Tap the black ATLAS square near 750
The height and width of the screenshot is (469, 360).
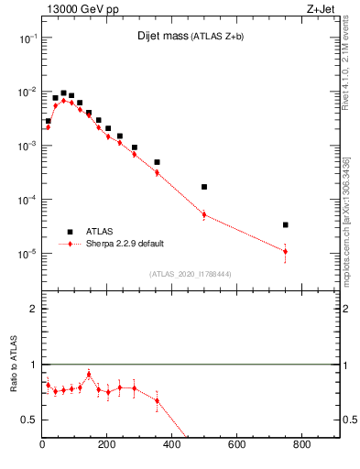click(x=286, y=224)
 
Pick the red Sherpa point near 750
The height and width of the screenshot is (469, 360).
click(x=286, y=251)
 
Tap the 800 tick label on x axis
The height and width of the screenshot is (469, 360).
click(x=300, y=446)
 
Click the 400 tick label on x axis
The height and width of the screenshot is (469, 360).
click(x=171, y=446)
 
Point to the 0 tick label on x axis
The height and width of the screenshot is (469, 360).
click(x=42, y=446)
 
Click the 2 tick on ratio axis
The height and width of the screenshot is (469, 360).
click(x=34, y=309)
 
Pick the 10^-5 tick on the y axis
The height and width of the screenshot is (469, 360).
click(x=28, y=254)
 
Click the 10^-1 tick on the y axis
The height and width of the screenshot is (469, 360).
click(x=28, y=38)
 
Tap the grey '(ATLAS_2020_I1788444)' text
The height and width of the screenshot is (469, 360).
click(x=191, y=272)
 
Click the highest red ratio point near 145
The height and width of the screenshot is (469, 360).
click(x=89, y=374)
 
